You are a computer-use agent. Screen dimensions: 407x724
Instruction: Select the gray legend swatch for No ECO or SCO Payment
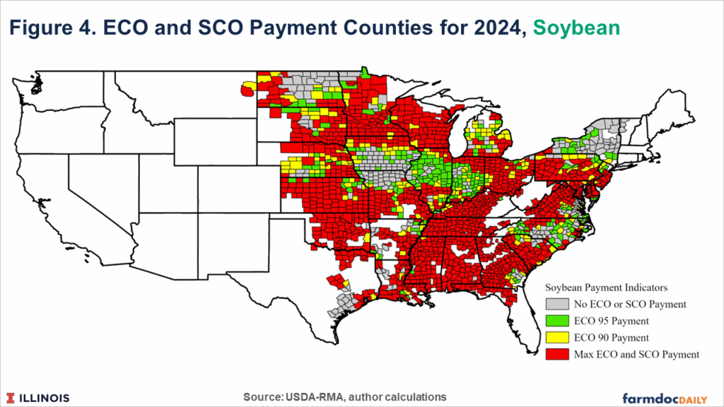tap(556, 305)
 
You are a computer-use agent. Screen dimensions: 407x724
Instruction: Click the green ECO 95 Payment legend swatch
tap(556, 321)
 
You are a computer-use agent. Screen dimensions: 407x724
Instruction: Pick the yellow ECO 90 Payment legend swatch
tap(556, 338)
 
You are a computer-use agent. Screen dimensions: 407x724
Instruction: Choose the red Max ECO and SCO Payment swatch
tap(556, 354)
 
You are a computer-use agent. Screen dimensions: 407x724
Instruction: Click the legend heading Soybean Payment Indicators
tap(607, 288)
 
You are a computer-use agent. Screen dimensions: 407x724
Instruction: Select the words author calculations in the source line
tap(403, 396)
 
